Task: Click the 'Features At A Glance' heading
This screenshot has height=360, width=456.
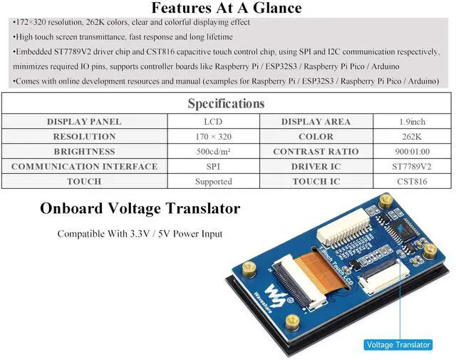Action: point(227,9)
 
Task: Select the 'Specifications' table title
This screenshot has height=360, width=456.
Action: point(226,103)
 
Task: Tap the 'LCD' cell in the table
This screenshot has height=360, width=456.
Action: point(212,122)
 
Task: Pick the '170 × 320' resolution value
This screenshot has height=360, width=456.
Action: point(212,137)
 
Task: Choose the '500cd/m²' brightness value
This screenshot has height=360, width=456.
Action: point(212,152)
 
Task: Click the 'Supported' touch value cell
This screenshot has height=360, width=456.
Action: point(212,182)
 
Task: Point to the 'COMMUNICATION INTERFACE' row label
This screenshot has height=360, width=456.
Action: point(84,167)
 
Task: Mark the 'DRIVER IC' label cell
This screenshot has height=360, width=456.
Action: point(316,167)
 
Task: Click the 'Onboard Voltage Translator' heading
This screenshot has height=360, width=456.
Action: point(140,209)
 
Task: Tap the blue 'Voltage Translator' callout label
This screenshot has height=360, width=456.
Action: point(398,345)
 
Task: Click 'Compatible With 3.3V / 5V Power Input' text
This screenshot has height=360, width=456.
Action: point(140,234)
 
